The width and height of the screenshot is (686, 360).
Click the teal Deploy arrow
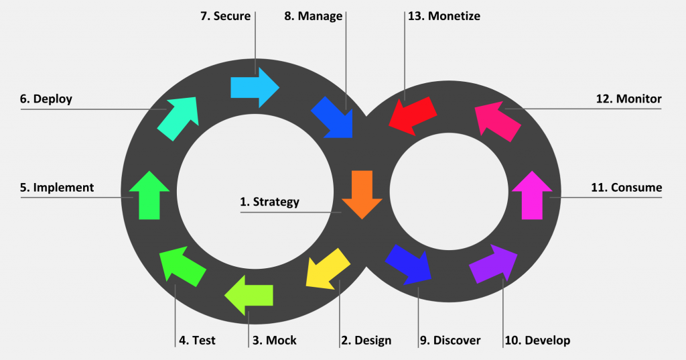pos(178,118)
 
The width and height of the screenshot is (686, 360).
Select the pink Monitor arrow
pos(498,119)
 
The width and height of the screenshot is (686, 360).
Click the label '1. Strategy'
pos(270,202)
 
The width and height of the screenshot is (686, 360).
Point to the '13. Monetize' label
pos(443,15)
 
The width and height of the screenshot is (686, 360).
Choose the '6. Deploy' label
pos(46,99)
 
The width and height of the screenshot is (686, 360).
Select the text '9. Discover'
pos(450,341)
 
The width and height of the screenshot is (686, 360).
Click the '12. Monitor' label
pos(628,99)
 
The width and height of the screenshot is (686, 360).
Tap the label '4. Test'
pos(197,341)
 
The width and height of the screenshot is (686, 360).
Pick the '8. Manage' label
pos(313,15)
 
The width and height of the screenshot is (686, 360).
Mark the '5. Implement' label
pos(57,188)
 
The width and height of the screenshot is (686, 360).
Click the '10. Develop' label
pos(537,341)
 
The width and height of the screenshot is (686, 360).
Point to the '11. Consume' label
pos(626,188)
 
